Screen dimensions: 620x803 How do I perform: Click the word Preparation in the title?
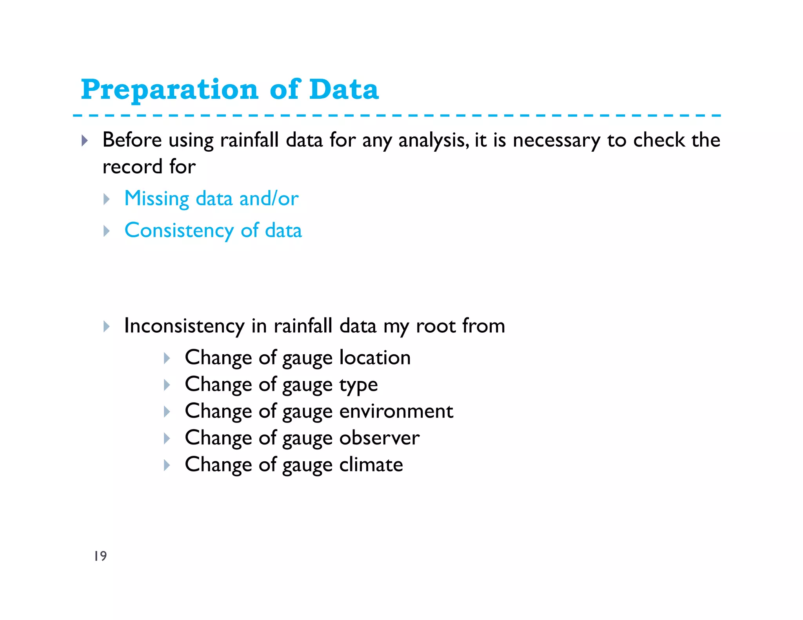169,90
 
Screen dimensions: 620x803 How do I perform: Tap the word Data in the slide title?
344,89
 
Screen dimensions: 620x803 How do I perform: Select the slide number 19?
100,556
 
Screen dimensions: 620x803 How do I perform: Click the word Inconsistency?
184,326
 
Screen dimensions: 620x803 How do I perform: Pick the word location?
375,357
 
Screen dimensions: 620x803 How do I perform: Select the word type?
358,385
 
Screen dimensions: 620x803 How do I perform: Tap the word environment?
396,411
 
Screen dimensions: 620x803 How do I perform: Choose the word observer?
379,438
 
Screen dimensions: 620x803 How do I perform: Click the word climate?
371,465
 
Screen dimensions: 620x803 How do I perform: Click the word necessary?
556,140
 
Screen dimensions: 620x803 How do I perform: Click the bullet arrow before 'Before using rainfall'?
85,140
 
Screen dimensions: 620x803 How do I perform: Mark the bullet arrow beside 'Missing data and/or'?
106,199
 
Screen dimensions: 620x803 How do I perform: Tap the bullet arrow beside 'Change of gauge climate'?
167,465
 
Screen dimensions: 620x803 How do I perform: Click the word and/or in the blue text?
269,199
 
